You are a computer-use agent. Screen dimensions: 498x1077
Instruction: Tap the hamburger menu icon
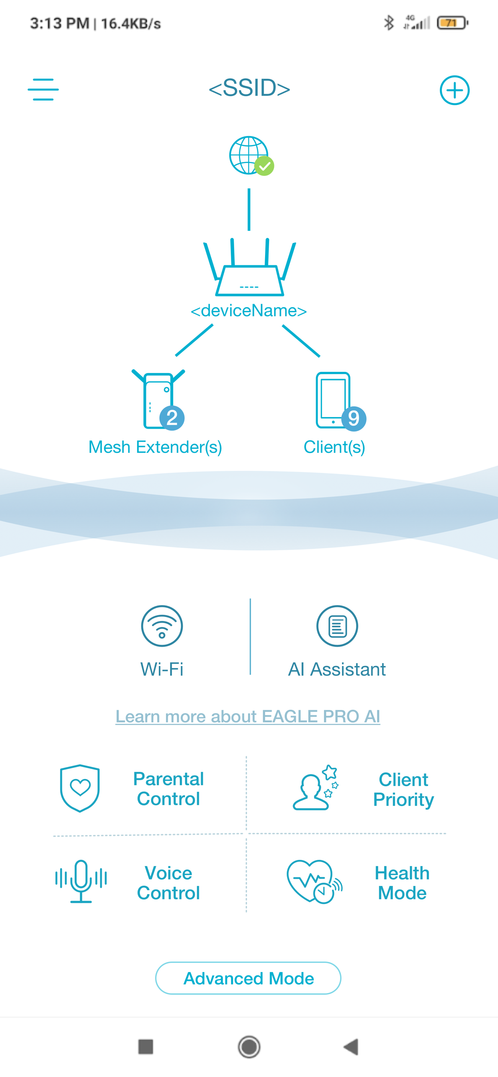tap(43, 89)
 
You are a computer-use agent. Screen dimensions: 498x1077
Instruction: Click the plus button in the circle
tap(454, 90)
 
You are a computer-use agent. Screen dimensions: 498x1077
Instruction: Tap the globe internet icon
tap(249, 155)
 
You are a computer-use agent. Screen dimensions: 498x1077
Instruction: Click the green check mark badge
tap(264, 166)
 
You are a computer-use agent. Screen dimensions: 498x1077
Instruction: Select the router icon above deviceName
tap(249, 267)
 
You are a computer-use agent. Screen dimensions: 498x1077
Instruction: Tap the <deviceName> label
tap(249, 311)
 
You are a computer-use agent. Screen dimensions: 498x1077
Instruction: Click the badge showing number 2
tap(172, 418)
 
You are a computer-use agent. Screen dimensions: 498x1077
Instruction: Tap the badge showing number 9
tap(354, 419)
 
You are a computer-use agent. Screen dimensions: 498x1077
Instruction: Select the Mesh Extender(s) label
tap(155, 448)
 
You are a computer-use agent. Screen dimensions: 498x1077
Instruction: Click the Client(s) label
tap(334, 448)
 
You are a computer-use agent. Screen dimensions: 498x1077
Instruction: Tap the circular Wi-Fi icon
tap(162, 626)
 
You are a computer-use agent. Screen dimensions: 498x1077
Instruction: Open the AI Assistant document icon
tap(337, 626)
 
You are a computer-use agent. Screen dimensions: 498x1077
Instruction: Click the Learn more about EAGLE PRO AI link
tap(248, 716)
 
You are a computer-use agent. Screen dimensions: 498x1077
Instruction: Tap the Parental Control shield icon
tap(80, 788)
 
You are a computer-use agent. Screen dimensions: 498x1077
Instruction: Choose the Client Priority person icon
tap(316, 788)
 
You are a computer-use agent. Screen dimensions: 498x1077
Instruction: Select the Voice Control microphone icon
tap(81, 881)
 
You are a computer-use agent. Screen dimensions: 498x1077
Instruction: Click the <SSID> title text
tap(249, 88)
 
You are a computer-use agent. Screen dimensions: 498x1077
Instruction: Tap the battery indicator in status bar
tap(452, 23)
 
